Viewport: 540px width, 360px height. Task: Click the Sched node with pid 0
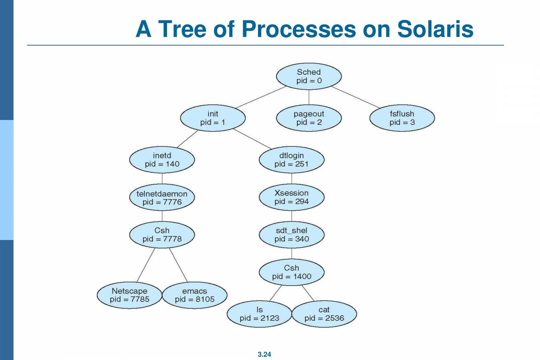pos(309,76)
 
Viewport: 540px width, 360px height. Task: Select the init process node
pos(213,118)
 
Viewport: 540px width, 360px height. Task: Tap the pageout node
pos(309,118)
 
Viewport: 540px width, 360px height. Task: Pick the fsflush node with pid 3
pos(402,118)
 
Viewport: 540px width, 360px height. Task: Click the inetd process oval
pos(162,160)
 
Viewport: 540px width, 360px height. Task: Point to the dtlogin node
pos(292,160)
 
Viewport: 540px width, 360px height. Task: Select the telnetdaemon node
pos(162,198)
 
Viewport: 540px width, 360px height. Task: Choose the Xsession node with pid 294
pos(292,197)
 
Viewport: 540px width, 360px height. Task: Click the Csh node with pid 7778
pos(162,235)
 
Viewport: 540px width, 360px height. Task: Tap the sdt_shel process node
pos(292,235)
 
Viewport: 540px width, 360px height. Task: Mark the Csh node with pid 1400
pos(292,272)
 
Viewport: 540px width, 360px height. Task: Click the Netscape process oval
pos(129,295)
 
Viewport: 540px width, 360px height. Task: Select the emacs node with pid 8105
pos(194,295)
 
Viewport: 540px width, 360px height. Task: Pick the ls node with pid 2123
pos(259,314)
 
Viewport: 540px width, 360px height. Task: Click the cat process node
pos(324,314)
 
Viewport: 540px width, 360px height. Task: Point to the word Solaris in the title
pos(435,29)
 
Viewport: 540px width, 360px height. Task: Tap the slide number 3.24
pos(264,354)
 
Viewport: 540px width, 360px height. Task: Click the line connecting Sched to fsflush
pos(355,97)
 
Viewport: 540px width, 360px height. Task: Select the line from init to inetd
pos(187,138)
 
